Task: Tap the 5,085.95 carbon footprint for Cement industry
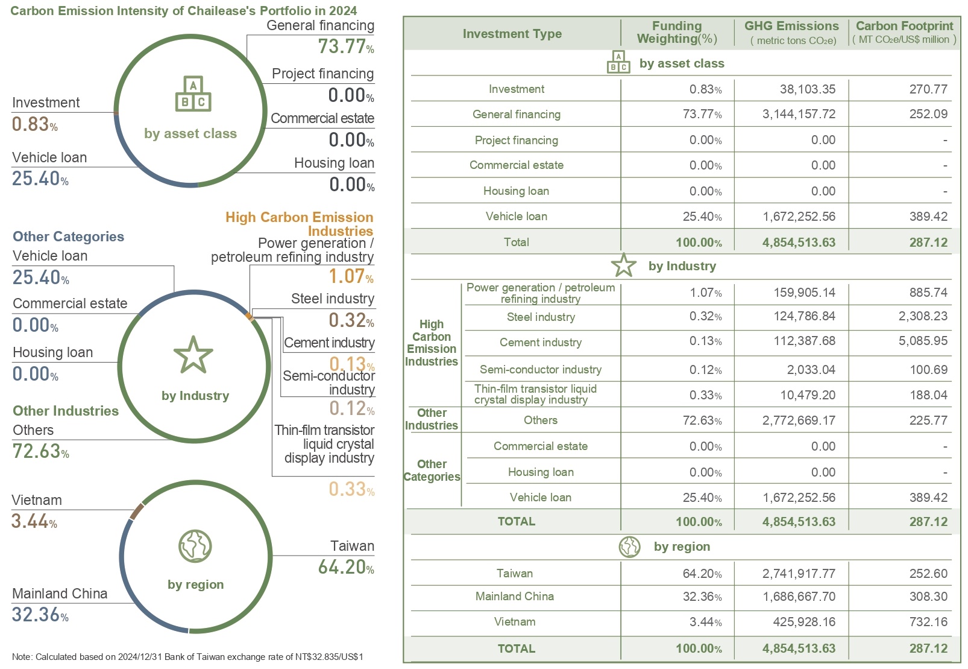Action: click(923, 341)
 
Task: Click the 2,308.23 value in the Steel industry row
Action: click(923, 316)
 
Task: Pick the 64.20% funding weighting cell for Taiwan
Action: click(702, 574)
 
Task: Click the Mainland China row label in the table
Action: click(514, 597)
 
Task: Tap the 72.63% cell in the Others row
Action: click(702, 420)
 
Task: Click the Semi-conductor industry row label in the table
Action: click(540, 370)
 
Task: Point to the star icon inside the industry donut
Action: click(193, 355)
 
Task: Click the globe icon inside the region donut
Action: click(195, 546)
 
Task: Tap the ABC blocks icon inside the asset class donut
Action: click(193, 94)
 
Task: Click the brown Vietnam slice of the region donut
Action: click(136, 511)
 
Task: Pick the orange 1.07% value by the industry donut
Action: click(350, 277)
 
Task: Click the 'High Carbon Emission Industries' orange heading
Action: click(299, 224)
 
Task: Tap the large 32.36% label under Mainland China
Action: click(40, 615)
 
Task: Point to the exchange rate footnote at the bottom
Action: click(187, 657)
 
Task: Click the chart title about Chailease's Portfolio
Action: click(184, 11)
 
